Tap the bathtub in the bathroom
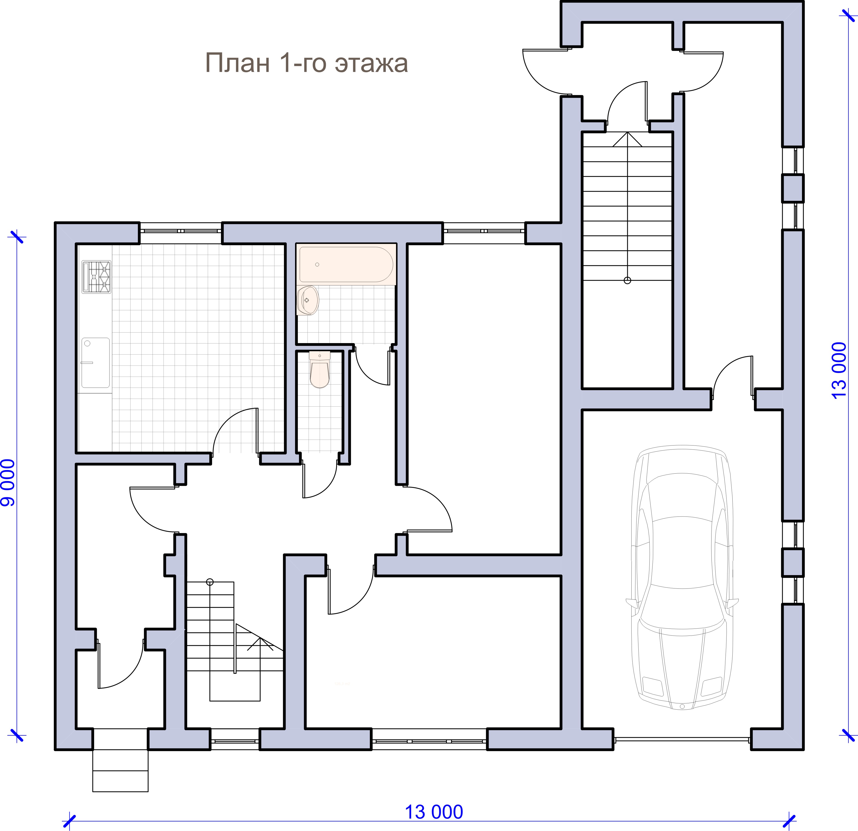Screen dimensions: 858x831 pyautogui.click(x=346, y=264)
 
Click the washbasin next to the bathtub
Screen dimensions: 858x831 pyautogui.click(x=308, y=300)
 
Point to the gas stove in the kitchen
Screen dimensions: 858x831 pyautogui.click(x=96, y=277)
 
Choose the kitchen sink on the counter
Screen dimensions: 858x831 pyautogui.click(x=95, y=363)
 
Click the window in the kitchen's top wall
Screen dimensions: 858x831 pyautogui.click(x=180, y=230)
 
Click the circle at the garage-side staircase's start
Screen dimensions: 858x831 pyautogui.click(x=628, y=281)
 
